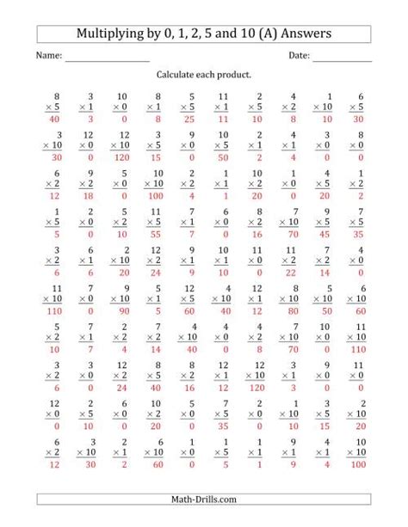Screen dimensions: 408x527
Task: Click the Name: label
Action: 48,57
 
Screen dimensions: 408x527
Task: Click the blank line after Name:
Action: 107,58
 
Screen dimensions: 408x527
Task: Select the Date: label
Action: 299,57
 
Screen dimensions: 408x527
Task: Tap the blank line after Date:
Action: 343,58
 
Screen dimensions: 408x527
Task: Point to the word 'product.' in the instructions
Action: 235,76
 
